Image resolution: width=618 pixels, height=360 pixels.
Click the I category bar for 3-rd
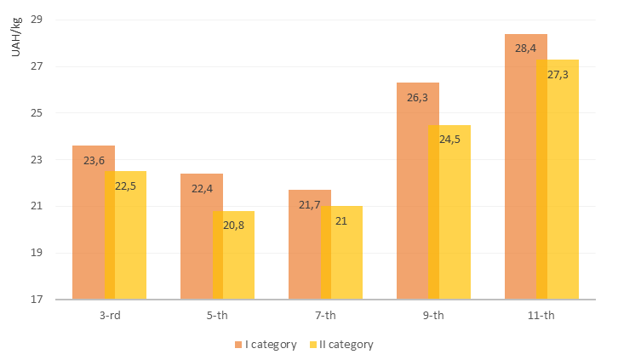89,230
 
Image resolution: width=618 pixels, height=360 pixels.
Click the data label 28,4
525,48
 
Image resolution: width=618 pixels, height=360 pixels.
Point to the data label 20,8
233,225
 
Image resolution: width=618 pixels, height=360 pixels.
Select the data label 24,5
449,139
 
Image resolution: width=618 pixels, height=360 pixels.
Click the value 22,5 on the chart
125,186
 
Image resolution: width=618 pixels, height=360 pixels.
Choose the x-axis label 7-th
324,316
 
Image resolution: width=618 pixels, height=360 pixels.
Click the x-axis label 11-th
541,316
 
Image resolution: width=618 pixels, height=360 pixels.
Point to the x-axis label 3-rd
108,316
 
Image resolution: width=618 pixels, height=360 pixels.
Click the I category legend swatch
239,345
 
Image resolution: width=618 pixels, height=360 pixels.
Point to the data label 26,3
417,98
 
